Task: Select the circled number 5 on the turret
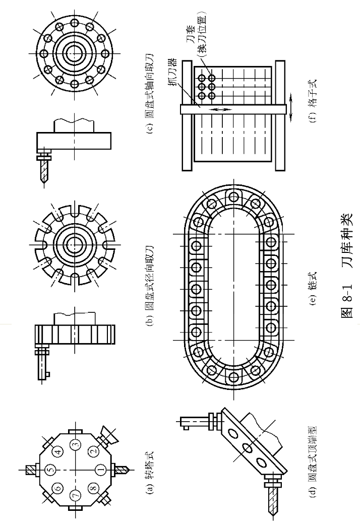point(49,470)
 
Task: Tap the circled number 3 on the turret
point(75,444)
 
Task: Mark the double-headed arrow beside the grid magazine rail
point(291,109)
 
